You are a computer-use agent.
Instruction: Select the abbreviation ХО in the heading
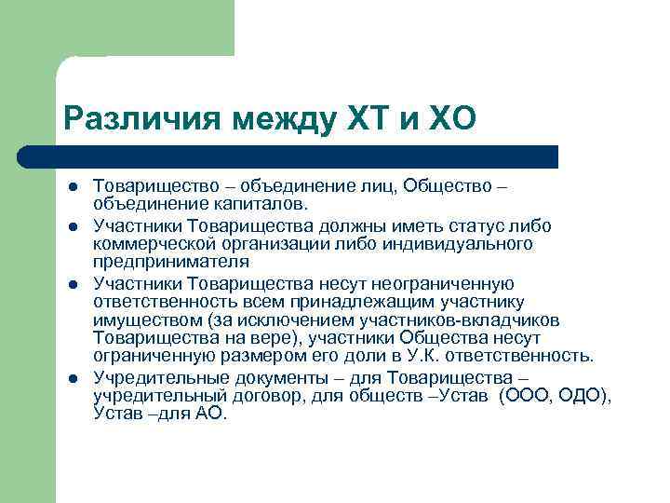452,117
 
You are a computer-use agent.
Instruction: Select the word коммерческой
151,243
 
